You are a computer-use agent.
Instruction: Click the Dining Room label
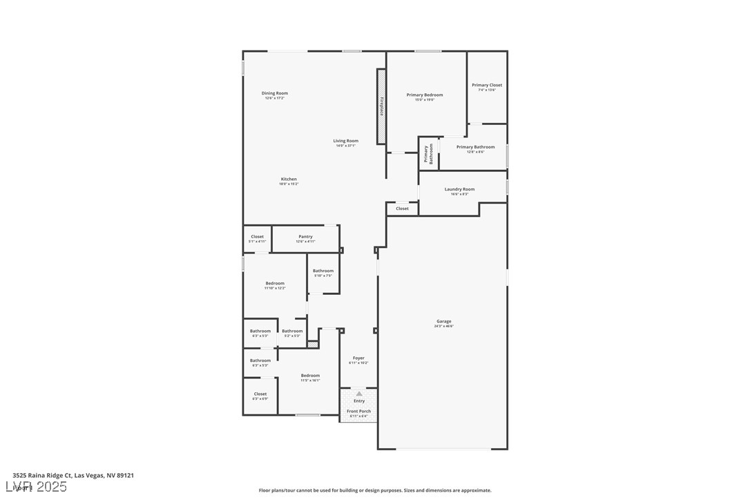[x=274, y=93]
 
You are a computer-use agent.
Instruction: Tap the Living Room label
[x=345, y=141]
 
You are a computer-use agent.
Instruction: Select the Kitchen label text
[x=289, y=179]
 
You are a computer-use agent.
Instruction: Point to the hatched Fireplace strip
[x=381, y=106]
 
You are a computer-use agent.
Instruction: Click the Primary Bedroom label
[x=425, y=95]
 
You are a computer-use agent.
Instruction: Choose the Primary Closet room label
[x=487, y=86]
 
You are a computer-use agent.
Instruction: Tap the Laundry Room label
[x=459, y=189]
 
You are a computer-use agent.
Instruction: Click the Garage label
[x=443, y=321]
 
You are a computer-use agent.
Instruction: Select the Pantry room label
[x=305, y=237]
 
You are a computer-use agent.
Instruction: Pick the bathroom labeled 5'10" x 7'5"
[x=323, y=271]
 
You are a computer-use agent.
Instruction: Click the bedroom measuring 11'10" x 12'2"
[x=275, y=284]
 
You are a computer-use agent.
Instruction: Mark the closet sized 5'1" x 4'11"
[x=257, y=237]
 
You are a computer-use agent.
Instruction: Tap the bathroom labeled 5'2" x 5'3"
[x=292, y=331]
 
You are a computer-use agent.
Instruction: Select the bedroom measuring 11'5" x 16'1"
[x=310, y=376]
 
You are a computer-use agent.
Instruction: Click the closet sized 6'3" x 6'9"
[x=260, y=394]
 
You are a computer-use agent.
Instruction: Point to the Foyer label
[x=358, y=358]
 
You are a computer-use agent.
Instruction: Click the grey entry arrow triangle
[x=359, y=394]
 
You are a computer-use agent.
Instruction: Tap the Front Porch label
[x=359, y=412]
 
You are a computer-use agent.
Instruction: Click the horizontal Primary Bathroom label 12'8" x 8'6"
[x=475, y=147]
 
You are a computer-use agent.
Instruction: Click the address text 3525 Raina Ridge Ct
[x=42, y=475]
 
